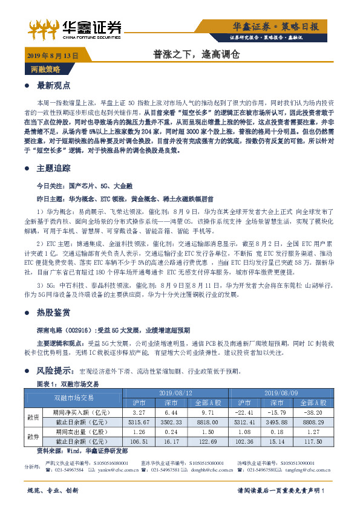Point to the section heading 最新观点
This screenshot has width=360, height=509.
pos(54,85)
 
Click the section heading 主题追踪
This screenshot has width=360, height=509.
pos(54,167)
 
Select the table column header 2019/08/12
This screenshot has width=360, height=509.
pos(175,393)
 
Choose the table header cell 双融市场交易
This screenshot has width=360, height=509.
pos(74,398)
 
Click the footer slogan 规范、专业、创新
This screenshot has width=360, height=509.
pos(53,491)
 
